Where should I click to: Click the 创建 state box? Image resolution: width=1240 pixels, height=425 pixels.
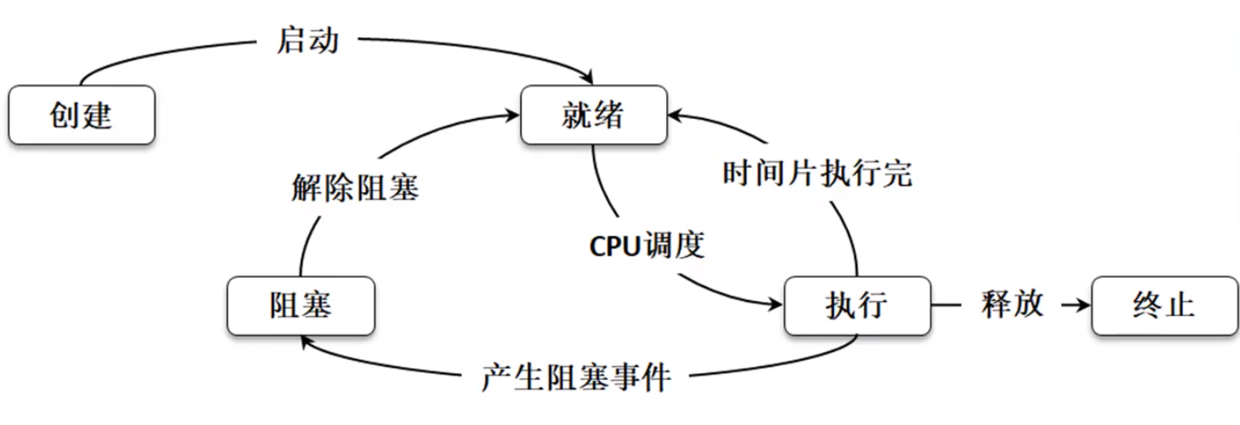pos(82,115)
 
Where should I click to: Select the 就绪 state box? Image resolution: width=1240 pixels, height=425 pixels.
pos(593,115)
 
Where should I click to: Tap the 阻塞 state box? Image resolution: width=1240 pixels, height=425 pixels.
pos(300,305)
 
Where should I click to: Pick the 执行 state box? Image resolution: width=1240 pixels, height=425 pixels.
pos(856,305)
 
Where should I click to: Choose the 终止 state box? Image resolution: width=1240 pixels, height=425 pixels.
pos(1163,305)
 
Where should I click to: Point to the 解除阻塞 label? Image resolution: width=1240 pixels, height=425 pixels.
pos(355,188)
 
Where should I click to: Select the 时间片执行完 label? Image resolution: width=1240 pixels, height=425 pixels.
pos(817,173)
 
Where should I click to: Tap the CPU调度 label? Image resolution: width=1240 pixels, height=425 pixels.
pos(647,245)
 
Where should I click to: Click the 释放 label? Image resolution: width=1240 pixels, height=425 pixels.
pos(1012,304)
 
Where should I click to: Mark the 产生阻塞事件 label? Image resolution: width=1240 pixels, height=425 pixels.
pos(576,378)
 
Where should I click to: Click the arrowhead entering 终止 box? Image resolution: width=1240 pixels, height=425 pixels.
pos(1083,305)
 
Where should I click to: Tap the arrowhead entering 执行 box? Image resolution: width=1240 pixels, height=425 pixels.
pos(776,304)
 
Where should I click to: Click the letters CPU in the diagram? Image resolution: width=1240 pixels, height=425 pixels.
pos(614,246)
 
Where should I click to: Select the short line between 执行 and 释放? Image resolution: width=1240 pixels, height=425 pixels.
pos(946,305)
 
